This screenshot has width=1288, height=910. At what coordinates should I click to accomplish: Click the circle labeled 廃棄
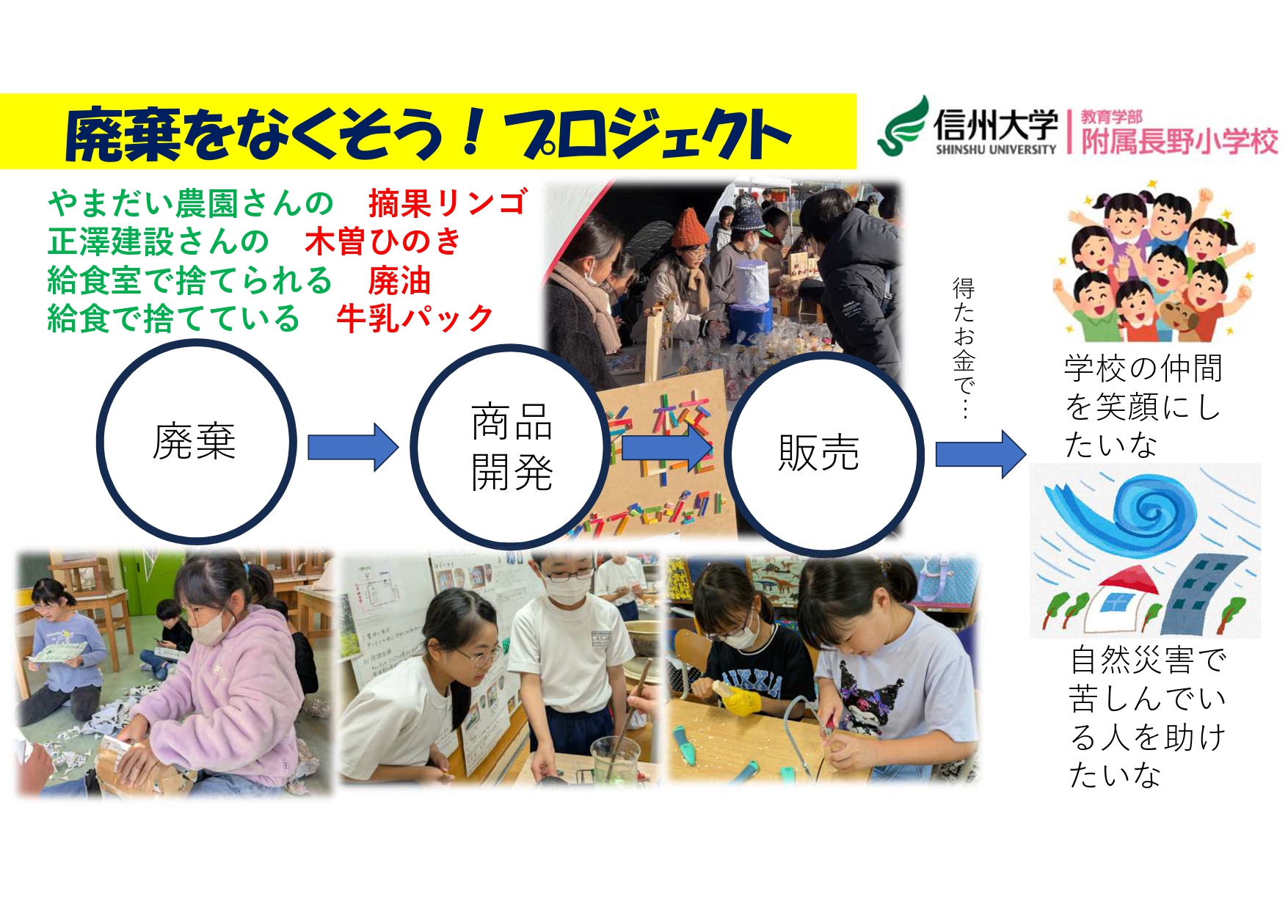pos(196,442)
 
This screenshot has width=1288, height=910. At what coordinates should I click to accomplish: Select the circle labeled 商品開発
pos(511,446)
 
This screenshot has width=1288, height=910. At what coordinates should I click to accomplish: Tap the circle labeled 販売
pos(823,454)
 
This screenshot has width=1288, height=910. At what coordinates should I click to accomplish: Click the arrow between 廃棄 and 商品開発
pos(353,446)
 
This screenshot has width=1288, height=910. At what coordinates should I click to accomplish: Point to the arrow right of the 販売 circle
pos(980,454)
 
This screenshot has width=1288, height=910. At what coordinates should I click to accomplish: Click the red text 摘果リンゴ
pos(448,203)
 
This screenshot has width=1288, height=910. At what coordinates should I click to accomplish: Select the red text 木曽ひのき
pos(382,241)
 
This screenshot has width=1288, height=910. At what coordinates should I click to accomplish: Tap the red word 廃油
pos(399,280)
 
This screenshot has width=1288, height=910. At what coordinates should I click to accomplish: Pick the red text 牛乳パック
pos(415,318)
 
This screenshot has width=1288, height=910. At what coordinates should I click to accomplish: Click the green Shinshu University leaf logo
pos(904,126)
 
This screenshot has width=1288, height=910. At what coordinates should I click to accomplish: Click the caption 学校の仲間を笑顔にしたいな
pos(1142,406)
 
